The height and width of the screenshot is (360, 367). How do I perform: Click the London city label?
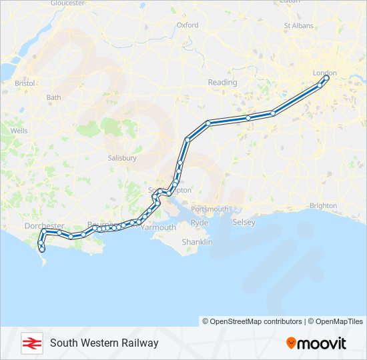point(325,73)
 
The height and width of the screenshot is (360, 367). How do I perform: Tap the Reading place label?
point(222,83)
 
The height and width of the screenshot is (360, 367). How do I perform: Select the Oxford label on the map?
point(188,25)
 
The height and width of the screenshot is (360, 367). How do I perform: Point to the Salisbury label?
point(122,158)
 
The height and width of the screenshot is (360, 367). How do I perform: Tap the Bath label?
point(53,97)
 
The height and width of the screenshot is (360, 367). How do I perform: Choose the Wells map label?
point(19,131)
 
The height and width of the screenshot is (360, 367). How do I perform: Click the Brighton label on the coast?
point(324,205)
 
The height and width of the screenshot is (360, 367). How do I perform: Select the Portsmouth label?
point(210,209)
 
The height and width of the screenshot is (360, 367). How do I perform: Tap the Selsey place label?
point(244,222)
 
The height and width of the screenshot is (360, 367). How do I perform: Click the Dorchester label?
point(44,226)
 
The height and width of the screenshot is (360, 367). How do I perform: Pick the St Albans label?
point(298,26)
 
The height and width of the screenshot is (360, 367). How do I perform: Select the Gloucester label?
point(67,3)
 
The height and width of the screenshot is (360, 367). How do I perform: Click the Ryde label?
point(200,223)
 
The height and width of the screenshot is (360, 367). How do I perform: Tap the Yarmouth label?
point(159,227)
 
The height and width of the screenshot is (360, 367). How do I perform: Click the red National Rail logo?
point(31,343)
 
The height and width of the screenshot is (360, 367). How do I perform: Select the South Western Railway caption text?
point(104,343)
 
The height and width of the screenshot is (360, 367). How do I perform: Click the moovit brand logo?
point(316,343)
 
